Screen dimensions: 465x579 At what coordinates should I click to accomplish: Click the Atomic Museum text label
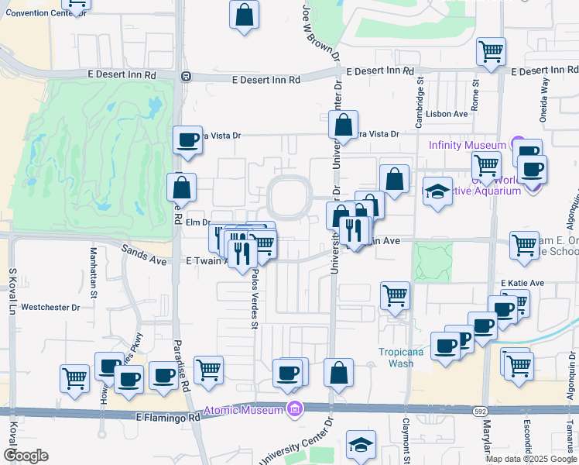tap(245, 410)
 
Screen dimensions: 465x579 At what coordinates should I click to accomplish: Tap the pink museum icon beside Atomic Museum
tap(294, 409)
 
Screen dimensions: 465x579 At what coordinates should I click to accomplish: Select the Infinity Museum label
tap(468, 145)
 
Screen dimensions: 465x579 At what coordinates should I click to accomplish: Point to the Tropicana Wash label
tap(401, 357)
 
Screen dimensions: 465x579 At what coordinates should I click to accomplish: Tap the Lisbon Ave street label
tap(450, 114)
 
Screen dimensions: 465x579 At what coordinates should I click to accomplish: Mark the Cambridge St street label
tap(420, 107)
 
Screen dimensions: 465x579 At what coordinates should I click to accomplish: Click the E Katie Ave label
tap(523, 283)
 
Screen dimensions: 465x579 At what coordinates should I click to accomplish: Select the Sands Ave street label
tap(145, 255)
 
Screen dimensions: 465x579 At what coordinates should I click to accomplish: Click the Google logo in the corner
tap(26, 456)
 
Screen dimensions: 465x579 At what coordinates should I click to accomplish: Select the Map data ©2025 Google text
tap(530, 459)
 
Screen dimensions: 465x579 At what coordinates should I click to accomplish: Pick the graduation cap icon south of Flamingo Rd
tap(361, 446)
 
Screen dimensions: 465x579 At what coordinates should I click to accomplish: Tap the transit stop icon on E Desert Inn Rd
tap(186, 77)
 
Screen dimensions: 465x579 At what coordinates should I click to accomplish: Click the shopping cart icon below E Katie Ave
tap(395, 295)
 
